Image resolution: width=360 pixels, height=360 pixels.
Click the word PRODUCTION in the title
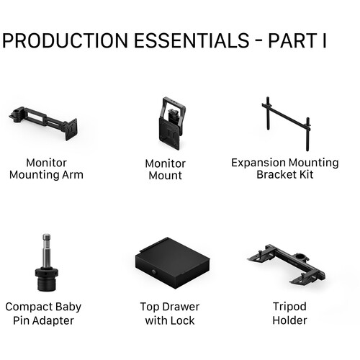tap(69, 40)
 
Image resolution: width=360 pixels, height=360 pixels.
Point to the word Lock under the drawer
tap(186, 320)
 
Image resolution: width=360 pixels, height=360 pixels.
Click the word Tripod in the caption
tap(289, 307)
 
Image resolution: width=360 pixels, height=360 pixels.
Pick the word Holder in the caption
tap(289, 320)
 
